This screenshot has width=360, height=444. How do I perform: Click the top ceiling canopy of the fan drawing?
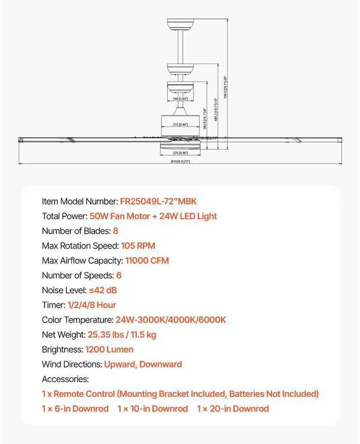point(180,25)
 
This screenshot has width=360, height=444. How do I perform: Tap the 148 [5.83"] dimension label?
point(180,98)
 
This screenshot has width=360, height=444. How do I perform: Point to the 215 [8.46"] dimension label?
point(180,124)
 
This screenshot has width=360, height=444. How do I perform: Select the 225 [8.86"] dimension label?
point(180,152)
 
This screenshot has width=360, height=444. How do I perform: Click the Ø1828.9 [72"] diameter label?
point(180,162)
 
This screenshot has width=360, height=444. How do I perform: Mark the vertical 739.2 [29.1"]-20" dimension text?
point(225,87)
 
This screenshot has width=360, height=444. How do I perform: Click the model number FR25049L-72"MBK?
point(159,201)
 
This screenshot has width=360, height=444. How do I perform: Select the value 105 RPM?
point(138,246)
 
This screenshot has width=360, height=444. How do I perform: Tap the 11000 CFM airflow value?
point(147,260)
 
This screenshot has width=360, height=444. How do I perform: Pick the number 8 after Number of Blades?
point(115,231)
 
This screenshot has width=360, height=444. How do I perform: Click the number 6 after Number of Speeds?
point(119,275)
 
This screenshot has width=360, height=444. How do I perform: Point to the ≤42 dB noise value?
point(103,290)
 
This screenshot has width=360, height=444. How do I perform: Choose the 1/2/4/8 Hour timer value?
point(92,305)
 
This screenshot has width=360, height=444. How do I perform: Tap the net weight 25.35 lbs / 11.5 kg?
point(122,334)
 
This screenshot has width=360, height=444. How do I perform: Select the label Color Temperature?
point(78,320)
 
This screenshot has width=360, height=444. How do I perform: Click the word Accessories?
point(65,379)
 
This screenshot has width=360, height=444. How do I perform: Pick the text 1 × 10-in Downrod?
point(152,409)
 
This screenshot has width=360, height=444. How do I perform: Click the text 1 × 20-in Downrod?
point(232,409)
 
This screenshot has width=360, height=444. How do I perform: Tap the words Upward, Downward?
point(143,364)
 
